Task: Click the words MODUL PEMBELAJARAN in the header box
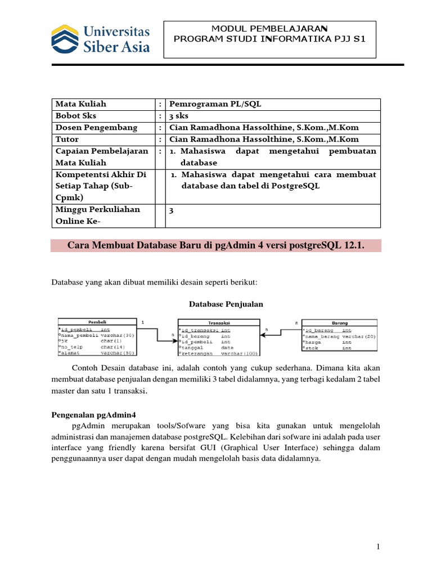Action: (x=269, y=28)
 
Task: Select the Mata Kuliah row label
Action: (x=80, y=104)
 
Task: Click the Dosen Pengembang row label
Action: (x=96, y=128)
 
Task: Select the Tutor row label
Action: (x=67, y=139)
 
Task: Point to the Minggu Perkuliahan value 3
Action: (x=172, y=210)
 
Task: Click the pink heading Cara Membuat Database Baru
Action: (x=216, y=246)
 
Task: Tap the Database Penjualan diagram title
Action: (x=225, y=304)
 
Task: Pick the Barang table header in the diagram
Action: (x=339, y=323)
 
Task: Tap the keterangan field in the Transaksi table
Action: (x=197, y=354)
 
